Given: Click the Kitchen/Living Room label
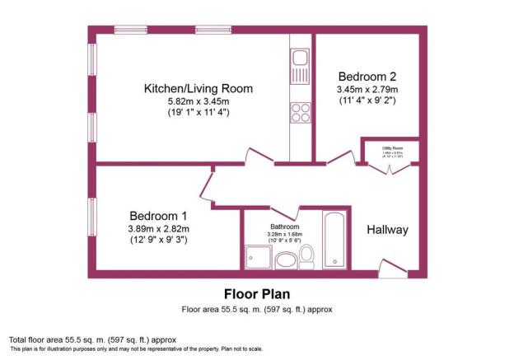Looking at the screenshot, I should [x=198, y=88].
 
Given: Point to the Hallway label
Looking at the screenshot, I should [x=387, y=229].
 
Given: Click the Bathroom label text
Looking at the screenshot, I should [x=284, y=226].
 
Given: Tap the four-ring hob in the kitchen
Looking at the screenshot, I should [x=298, y=113].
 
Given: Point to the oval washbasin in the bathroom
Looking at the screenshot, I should [x=286, y=261].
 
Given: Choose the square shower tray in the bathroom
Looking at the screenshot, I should [x=256, y=259].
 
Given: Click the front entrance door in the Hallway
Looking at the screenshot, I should [x=389, y=268].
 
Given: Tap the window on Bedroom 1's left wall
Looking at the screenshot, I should [x=92, y=218].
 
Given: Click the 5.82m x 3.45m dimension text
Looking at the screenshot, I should [x=198, y=103].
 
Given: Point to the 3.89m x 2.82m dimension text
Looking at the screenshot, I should [x=158, y=229].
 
